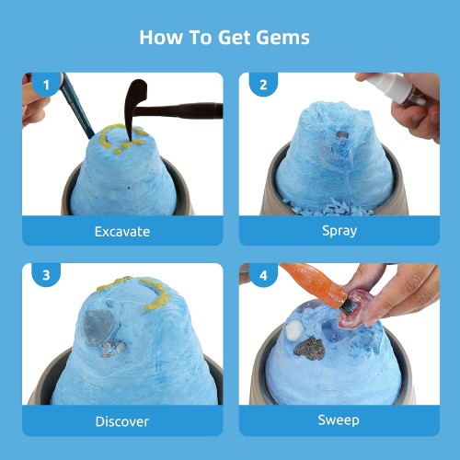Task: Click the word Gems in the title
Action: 282,38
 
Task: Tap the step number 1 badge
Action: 46,84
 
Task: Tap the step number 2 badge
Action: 263,84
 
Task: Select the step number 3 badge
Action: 46,275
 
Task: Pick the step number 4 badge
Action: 263,275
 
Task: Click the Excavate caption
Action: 122,232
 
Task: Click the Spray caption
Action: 339,231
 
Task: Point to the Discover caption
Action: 122,421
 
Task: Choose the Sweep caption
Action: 339,420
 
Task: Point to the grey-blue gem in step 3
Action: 98,328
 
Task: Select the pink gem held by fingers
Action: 356,310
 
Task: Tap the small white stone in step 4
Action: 294,330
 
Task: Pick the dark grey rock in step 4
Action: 310,349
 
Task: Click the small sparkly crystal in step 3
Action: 113,349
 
